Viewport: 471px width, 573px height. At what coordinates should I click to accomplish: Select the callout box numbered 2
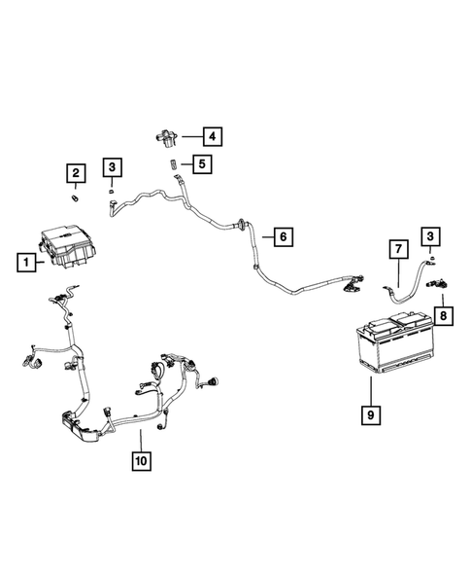74,174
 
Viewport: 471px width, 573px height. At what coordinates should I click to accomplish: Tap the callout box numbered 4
210,135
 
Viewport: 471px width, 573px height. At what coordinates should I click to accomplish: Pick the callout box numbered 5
201,164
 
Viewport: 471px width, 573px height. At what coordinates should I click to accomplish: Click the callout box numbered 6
283,236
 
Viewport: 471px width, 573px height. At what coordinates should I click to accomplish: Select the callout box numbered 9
370,415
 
